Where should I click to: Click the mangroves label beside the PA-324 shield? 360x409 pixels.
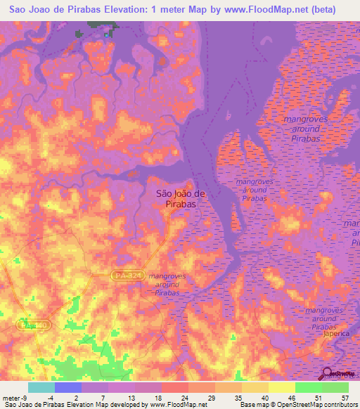coord(167,284)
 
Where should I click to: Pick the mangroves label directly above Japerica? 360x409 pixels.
coord(324,318)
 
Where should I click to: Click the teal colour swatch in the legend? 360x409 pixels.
coord(41,387)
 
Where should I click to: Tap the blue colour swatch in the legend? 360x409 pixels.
coord(67,387)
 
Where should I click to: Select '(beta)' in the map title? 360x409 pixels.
coord(319,9)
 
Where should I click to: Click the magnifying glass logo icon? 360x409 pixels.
coord(328,374)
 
